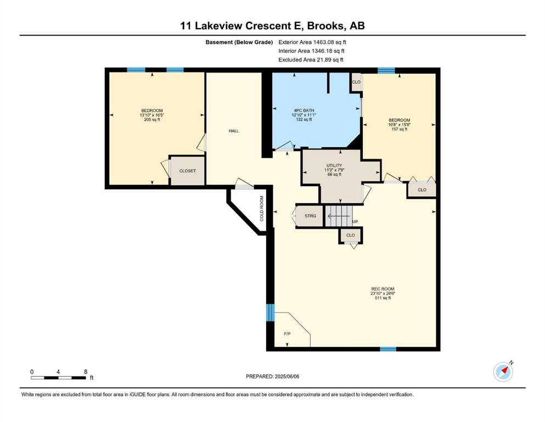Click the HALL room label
(x=234, y=131)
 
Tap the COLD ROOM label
(x=262, y=208)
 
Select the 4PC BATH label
(x=304, y=110)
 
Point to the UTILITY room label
(x=334, y=165)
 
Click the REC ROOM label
(x=383, y=289)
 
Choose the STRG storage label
(x=311, y=216)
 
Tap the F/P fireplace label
(x=287, y=334)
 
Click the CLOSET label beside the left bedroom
(x=187, y=171)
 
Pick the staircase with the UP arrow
(x=339, y=216)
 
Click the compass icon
(x=503, y=371)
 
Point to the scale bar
(x=58, y=377)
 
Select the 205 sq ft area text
(x=152, y=120)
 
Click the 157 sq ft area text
(x=400, y=129)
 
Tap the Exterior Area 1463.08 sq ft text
(x=312, y=42)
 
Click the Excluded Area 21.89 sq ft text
(x=311, y=59)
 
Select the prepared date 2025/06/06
(x=286, y=376)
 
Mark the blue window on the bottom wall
(x=388, y=349)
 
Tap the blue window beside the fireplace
(x=270, y=313)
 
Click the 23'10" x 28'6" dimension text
(x=383, y=293)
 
